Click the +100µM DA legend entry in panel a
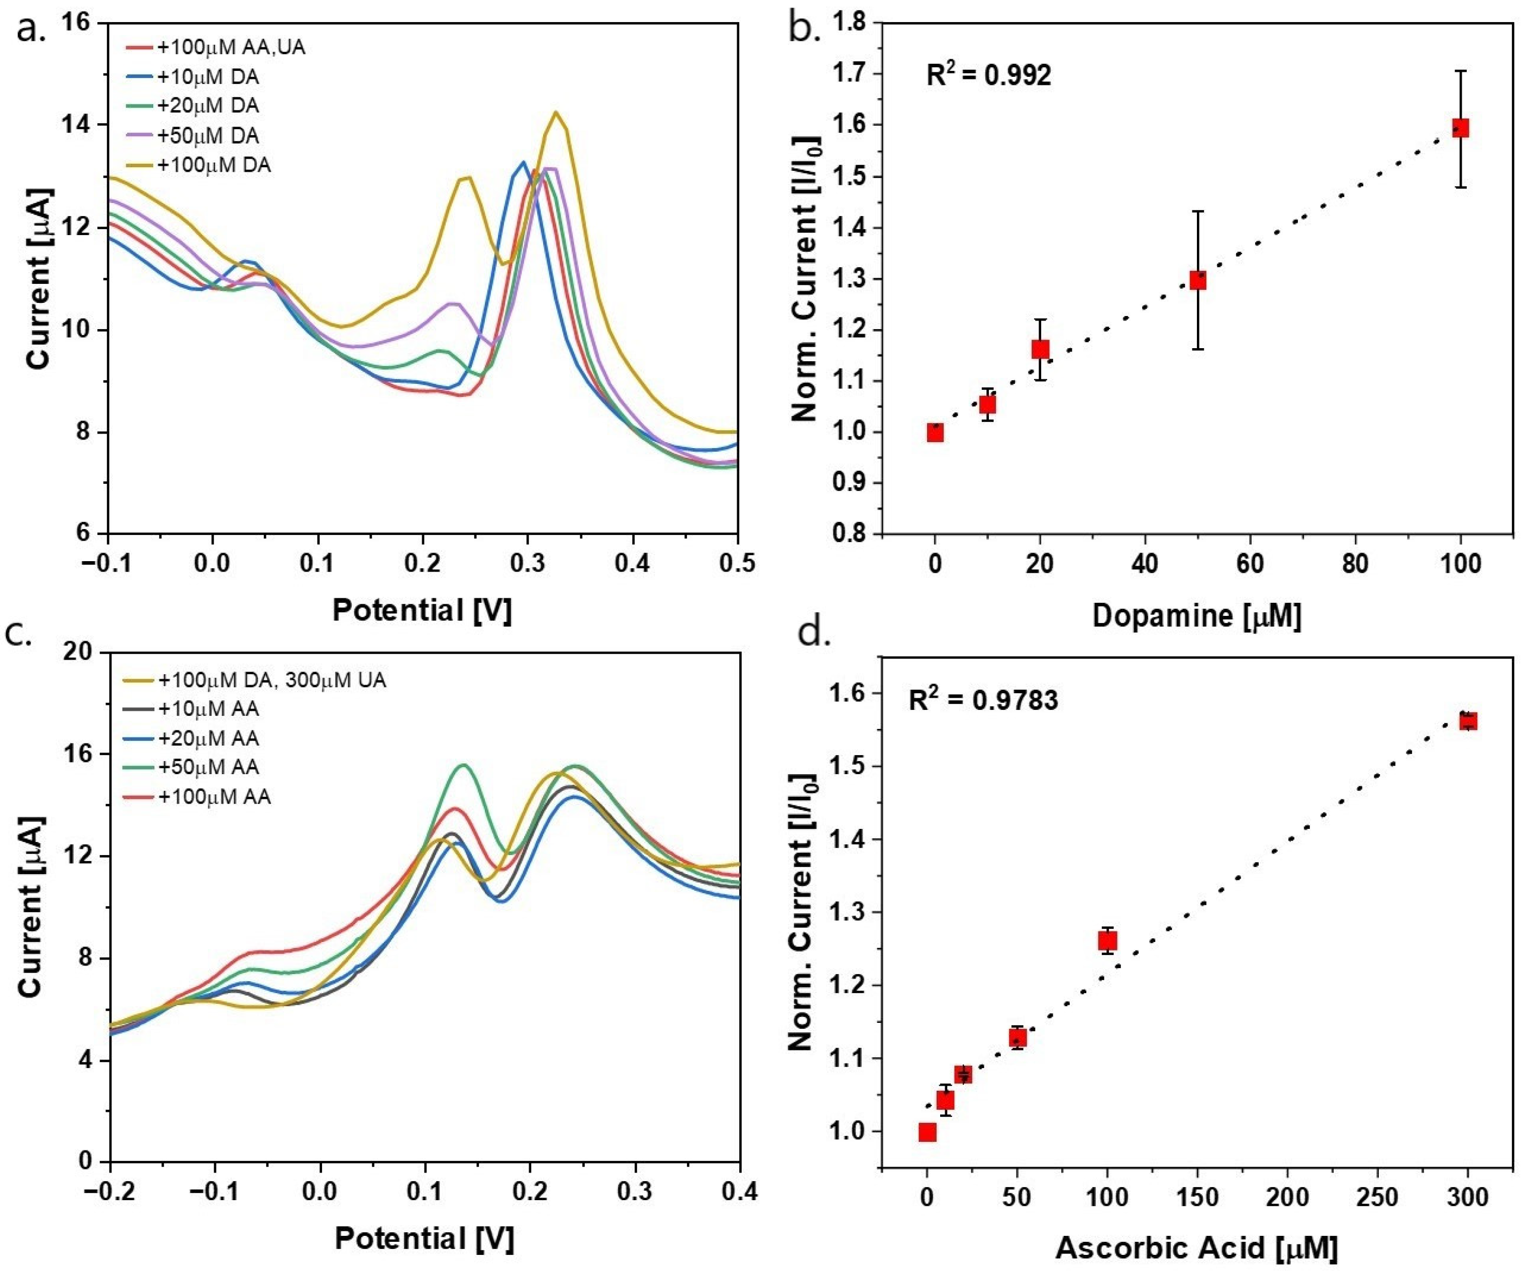pyautogui.click(x=214, y=165)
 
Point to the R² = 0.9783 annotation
pyautogui.click(x=983, y=700)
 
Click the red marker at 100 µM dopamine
pyautogui.click(x=1460, y=128)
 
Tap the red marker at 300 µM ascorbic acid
pyautogui.click(x=1468, y=721)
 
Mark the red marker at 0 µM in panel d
pyautogui.click(x=927, y=1132)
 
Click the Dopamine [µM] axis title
pyautogui.click(x=1197, y=615)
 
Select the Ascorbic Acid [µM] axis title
pyautogui.click(x=1197, y=1248)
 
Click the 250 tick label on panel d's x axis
pyautogui.click(x=1377, y=1197)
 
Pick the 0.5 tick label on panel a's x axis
pyautogui.click(x=737, y=563)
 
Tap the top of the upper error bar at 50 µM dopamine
pyautogui.click(x=1197, y=211)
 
